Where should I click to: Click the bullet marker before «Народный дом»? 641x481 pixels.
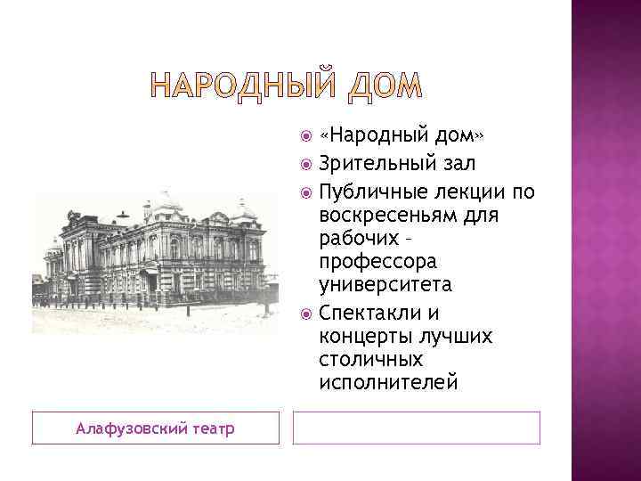click(x=306, y=135)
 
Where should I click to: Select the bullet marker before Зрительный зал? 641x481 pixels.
click(x=306, y=163)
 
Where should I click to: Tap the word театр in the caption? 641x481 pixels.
click(x=215, y=429)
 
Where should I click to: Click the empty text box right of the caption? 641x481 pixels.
click(x=417, y=428)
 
